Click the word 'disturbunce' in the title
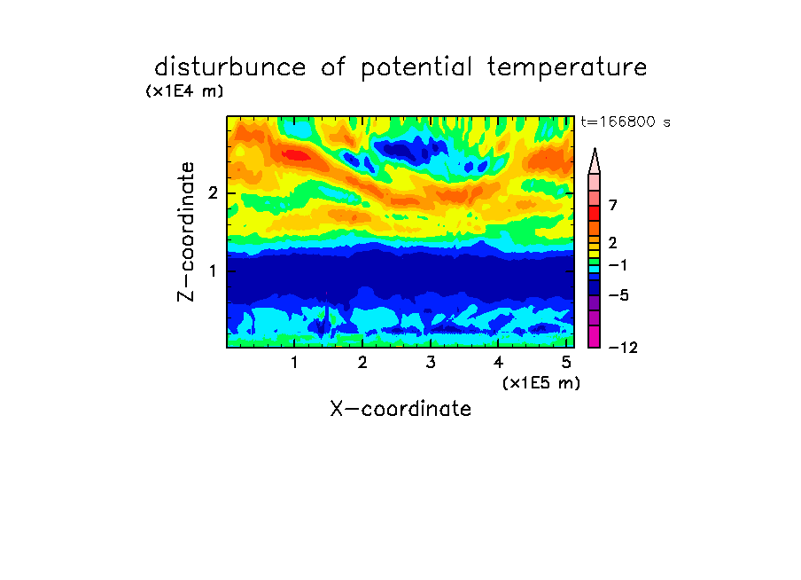(230, 67)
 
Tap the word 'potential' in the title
(416, 68)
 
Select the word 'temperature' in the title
(567, 68)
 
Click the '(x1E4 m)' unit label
(184, 91)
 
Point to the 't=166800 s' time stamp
(626, 121)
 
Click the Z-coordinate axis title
(186, 231)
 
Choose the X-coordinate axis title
(400, 409)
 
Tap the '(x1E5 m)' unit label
(541, 383)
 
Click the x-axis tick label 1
(295, 363)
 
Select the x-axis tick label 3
(431, 363)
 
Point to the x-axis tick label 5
(566, 363)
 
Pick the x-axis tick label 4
(498, 363)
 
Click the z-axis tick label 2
(213, 193)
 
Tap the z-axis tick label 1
(214, 270)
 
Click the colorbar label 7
(613, 206)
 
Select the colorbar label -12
(623, 348)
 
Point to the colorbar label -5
(618, 295)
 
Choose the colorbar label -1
(618, 265)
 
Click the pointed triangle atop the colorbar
(595, 161)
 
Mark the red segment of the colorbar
(595, 213)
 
